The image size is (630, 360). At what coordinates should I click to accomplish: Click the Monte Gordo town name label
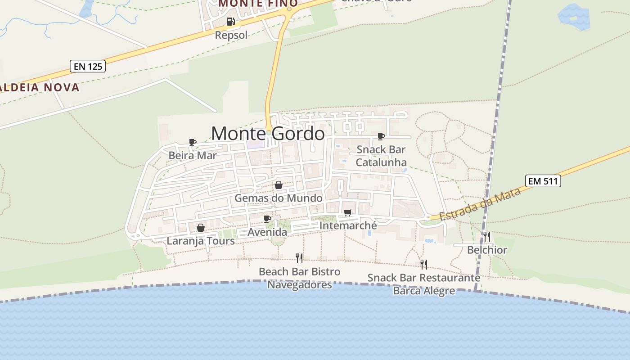click(x=268, y=134)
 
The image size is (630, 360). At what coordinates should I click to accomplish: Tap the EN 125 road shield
click(x=88, y=67)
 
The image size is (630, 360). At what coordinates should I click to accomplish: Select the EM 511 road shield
click(x=543, y=181)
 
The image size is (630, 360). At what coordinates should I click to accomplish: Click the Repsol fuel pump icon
click(x=230, y=22)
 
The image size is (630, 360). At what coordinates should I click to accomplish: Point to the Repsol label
click(x=231, y=35)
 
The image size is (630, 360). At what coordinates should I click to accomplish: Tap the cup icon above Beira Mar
click(x=193, y=143)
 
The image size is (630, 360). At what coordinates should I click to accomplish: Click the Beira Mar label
click(x=193, y=156)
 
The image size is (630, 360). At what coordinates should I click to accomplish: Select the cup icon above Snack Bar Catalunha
click(x=381, y=136)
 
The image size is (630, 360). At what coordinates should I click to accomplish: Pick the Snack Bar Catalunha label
click(x=381, y=156)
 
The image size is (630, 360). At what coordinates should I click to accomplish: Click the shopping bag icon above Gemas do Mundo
click(x=279, y=185)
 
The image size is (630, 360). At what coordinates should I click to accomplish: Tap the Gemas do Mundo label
click(x=279, y=198)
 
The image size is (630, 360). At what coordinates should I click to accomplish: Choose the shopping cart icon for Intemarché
click(x=347, y=213)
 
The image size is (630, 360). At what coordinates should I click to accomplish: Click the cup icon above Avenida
click(x=267, y=219)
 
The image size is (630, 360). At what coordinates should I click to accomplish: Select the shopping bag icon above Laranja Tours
click(x=201, y=228)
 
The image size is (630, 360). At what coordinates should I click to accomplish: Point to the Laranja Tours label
click(x=201, y=241)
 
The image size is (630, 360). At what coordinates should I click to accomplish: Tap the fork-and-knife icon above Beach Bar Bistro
click(x=299, y=258)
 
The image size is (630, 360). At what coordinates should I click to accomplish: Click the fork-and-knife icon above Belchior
click(x=487, y=237)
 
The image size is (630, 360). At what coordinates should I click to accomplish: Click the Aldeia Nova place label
click(x=40, y=87)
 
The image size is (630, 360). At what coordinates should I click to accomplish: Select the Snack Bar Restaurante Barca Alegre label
click(x=424, y=284)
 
